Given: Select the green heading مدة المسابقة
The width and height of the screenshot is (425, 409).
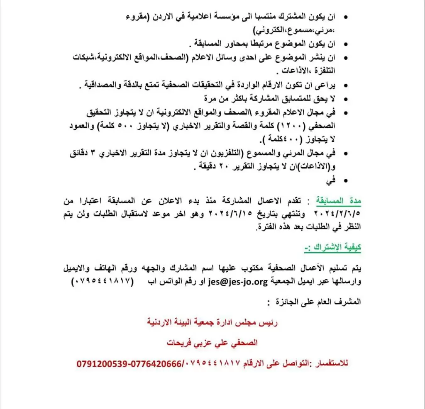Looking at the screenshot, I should point(339,201).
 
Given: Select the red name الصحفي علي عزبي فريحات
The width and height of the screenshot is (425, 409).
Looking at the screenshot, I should point(212,343).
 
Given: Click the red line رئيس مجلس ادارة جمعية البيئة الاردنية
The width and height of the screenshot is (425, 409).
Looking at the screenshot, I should point(212,321).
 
